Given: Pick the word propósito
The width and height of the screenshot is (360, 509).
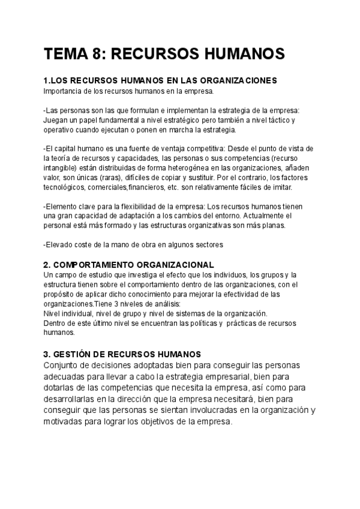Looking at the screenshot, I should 59,294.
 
